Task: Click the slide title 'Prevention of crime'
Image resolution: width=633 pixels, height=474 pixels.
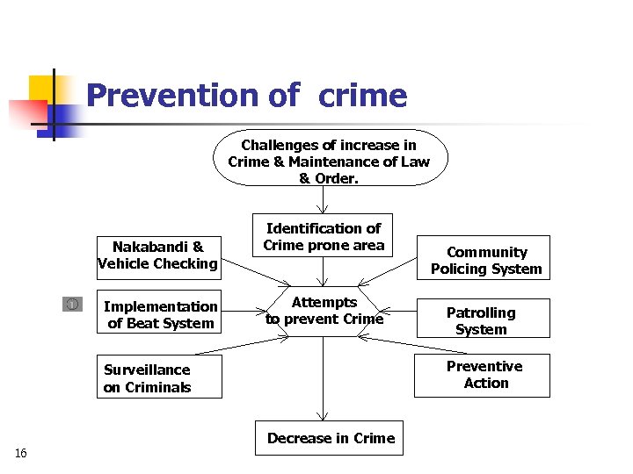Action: [x=246, y=95]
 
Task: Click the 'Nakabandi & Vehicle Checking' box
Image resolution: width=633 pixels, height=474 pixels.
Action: [x=158, y=255]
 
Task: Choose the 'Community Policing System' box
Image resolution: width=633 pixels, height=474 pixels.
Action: [x=485, y=260]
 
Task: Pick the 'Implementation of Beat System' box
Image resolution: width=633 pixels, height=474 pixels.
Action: [x=159, y=314]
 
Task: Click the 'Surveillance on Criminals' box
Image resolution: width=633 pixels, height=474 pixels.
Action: [x=159, y=378]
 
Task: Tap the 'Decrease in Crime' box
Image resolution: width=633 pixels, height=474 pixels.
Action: [x=331, y=438]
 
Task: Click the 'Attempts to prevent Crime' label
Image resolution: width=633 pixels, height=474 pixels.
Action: [x=324, y=311]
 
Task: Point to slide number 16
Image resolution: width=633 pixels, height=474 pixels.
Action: [x=21, y=453]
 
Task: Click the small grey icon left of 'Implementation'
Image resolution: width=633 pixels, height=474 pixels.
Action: [x=72, y=305]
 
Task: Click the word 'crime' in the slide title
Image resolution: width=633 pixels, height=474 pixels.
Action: [x=363, y=95]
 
